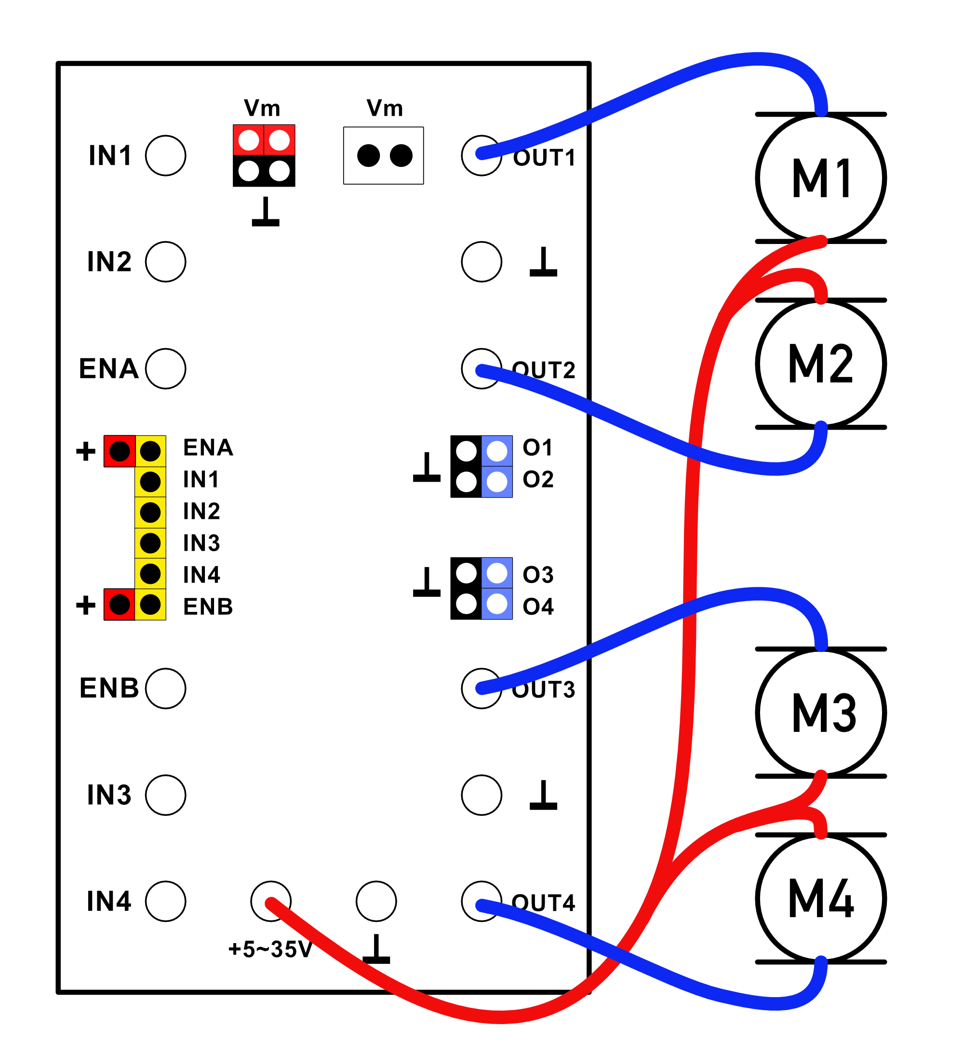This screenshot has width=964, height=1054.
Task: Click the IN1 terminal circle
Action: pyautogui.click(x=166, y=156)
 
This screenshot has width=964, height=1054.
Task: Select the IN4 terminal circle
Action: pyautogui.click(x=166, y=901)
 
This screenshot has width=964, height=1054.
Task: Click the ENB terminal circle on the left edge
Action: pyautogui.click(x=166, y=689)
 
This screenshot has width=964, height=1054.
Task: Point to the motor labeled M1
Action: pyautogui.click(x=821, y=178)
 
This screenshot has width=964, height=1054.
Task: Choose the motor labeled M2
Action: pyautogui.click(x=821, y=365)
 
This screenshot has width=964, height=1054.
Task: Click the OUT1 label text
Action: pyautogui.click(x=544, y=158)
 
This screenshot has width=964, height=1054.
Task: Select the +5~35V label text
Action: pyautogui.click(x=270, y=949)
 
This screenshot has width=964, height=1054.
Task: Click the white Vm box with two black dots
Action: pyautogui.click(x=384, y=156)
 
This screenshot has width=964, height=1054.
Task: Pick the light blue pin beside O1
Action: pyautogui.click(x=496, y=451)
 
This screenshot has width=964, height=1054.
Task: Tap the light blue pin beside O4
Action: pyautogui.click(x=496, y=604)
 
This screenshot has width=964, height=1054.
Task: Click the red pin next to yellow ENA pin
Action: pyautogui.click(x=120, y=451)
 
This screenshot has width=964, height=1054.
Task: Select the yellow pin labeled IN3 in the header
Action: pyautogui.click(x=150, y=543)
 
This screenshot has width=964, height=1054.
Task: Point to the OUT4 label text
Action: pyautogui.click(x=544, y=903)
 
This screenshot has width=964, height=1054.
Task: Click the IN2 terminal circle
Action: pyautogui.click(x=166, y=262)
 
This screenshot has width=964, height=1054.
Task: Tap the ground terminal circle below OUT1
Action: pyautogui.click(x=482, y=262)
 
